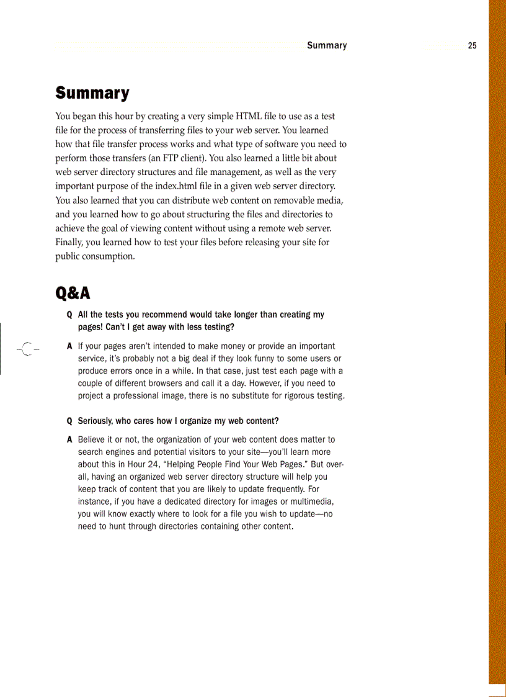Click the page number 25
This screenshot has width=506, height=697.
(x=473, y=45)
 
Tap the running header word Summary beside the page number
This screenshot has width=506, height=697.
(x=327, y=45)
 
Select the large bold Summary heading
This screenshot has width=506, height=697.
(x=92, y=93)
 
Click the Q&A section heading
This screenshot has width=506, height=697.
(x=73, y=292)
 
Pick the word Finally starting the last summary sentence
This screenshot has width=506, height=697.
(x=71, y=242)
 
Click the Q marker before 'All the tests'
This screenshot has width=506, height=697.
(x=69, y=315)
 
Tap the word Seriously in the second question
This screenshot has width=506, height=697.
(x=95, y=421)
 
